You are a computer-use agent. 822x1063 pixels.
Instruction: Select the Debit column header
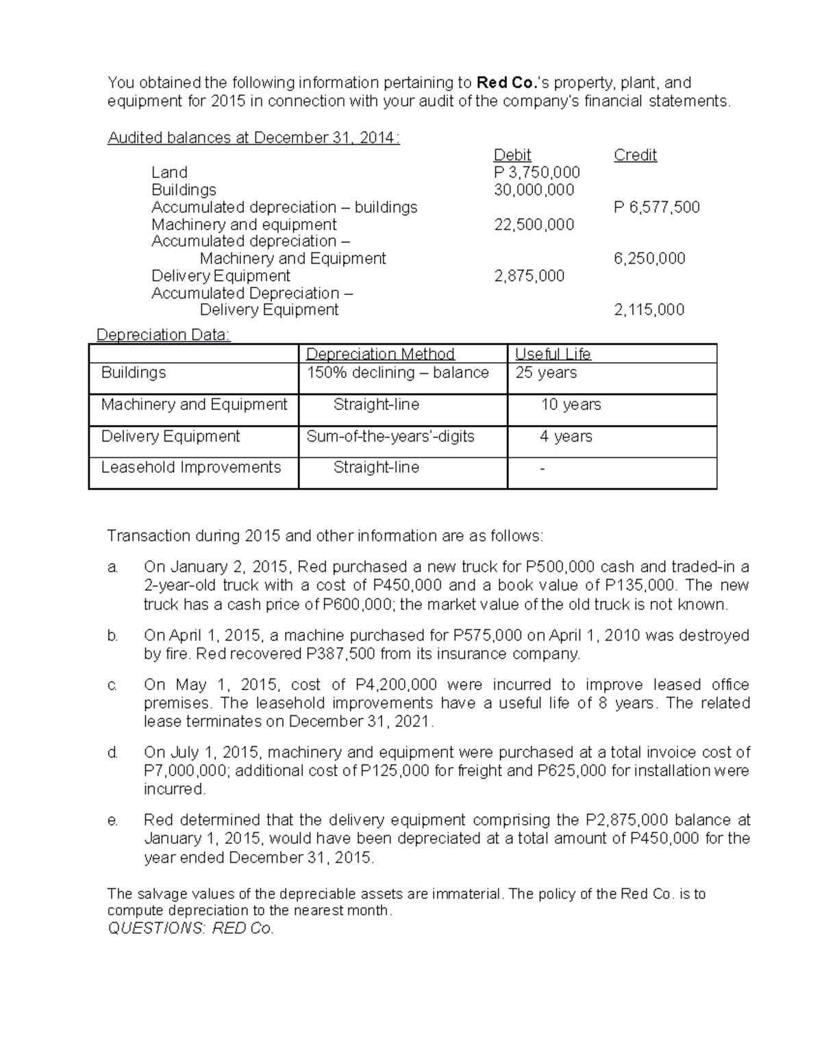[x=512, y=155]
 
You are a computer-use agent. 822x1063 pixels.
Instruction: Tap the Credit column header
[x=635, y=155]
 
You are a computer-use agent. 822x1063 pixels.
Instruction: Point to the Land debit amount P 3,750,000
[x=536, y=172]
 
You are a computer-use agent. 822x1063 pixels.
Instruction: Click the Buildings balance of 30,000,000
[x=534, y=190]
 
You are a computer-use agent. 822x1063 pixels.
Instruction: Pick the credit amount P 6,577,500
[x=656, y=207]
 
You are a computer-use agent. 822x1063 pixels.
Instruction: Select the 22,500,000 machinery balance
[x=534, y=225]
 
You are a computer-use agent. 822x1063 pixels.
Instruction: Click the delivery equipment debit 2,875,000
[x=529, y=276]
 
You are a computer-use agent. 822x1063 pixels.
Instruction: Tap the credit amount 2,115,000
[x=649, y=310]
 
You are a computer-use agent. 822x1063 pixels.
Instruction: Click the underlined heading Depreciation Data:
[x=164, y=335]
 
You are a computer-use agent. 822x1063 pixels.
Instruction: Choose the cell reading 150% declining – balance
[x=397, y=373]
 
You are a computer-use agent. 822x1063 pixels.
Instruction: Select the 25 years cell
[x=546, y=373]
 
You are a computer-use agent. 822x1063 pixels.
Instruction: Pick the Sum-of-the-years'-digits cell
[x=390, y=437]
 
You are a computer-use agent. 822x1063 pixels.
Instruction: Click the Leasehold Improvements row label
[x=191, y=468]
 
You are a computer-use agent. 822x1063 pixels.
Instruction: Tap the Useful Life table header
[x=552, y=354]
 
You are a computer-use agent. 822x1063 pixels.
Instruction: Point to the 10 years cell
[x=571, y=405]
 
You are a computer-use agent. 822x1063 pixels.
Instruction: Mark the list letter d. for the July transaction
[x=112, y=753]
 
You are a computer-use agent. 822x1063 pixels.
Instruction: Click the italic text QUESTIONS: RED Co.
[x=191, y=929]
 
